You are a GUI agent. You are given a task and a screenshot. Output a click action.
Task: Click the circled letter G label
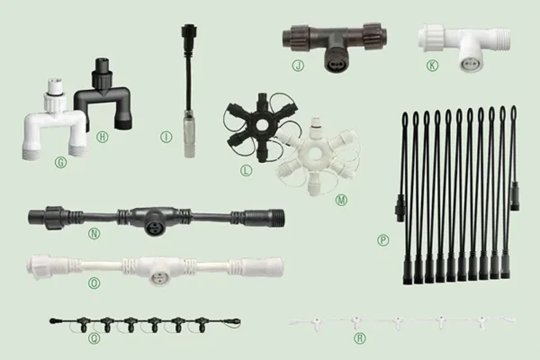point(61,163)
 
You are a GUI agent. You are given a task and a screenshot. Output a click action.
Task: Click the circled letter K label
point(433,66)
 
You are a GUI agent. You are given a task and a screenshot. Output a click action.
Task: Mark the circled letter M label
point(340,199)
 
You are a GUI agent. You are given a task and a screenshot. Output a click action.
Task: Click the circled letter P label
point(384,239)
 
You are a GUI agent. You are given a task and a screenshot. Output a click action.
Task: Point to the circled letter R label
point(360,338)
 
